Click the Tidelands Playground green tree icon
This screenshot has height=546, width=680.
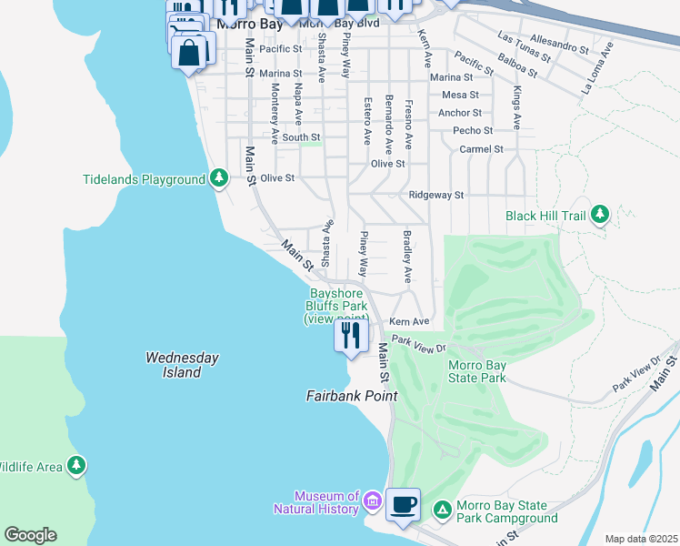click(218, 178)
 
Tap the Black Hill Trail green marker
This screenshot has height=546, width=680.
click(599, 215)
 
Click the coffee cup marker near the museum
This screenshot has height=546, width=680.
click(403, 503)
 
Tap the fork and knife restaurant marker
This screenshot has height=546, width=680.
click(351, 335)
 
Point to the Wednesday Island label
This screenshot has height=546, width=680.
click(182, 365)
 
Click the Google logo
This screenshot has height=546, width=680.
click(30, 535)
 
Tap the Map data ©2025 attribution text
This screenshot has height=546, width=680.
click(640, 539)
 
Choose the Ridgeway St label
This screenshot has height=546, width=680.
click(436, 195)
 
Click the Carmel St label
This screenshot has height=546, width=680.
click(481, 148)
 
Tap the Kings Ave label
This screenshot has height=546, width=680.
click(516, 108)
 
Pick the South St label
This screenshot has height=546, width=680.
click(300, 137)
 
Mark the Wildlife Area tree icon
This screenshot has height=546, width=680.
click(77, 466)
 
